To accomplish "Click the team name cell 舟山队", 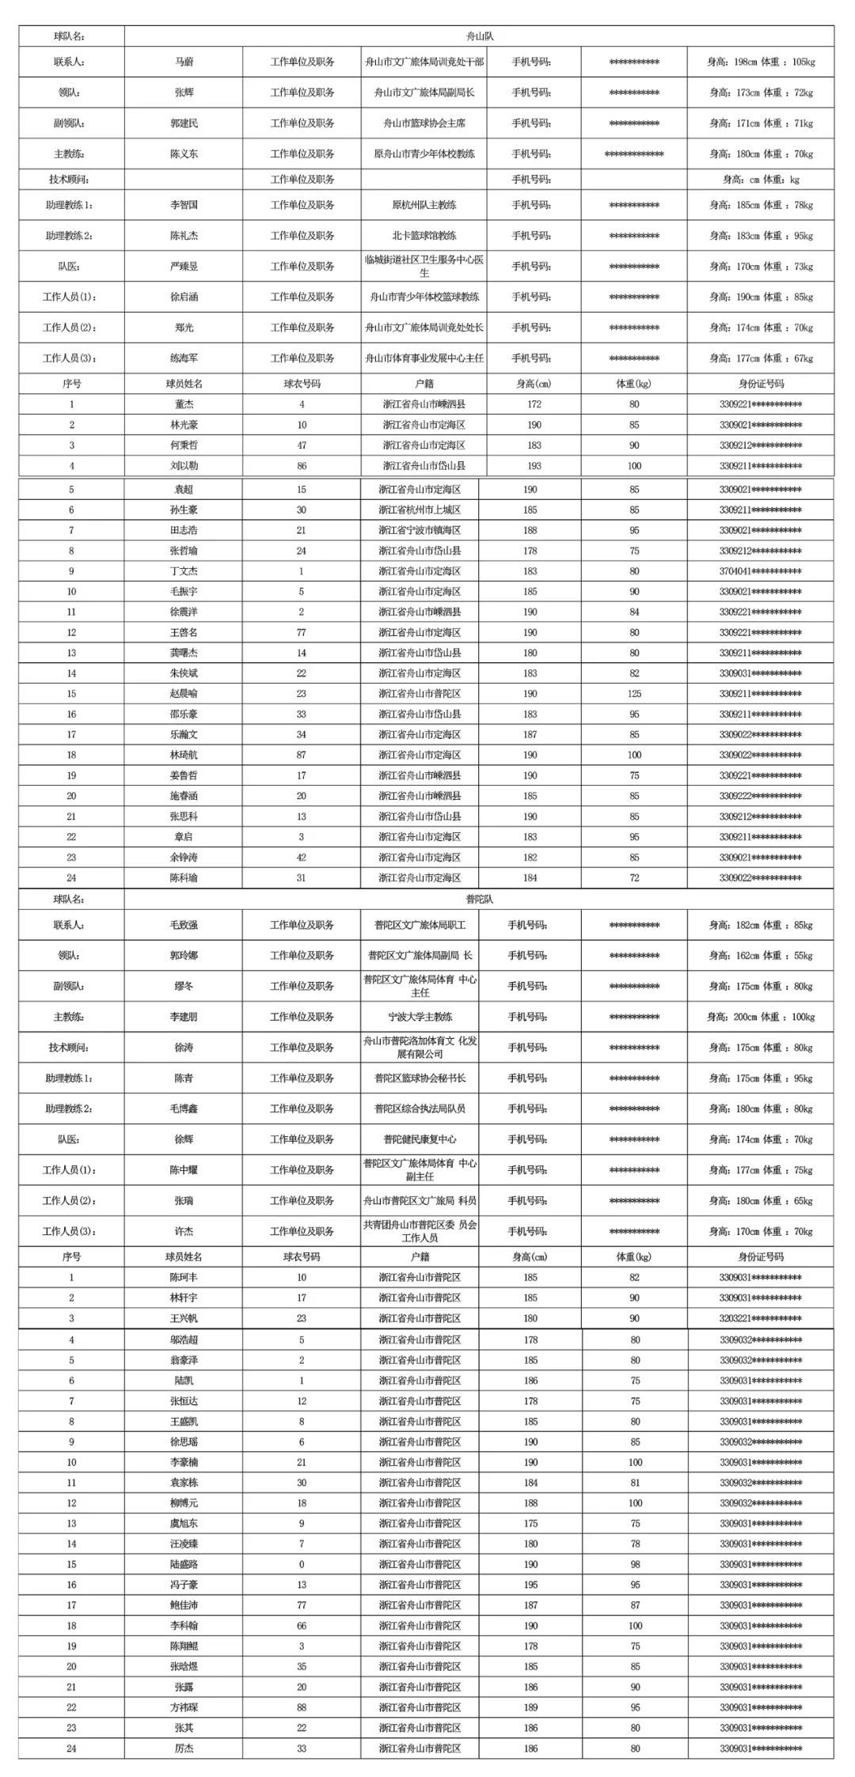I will (480, 36).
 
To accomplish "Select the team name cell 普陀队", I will (479, 899).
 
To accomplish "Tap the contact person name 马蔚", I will (184, 62).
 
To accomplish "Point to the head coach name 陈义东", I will (184, 154).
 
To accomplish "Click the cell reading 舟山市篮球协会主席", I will (424, 123).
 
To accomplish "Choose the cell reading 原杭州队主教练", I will (424, 205).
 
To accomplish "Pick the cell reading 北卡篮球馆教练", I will (424, 236).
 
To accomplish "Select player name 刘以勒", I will (184, 466).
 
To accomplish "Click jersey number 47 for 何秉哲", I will (302, 445).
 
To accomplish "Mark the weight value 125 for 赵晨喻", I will (634, 694).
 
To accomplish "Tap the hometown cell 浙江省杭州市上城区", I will (420, 510).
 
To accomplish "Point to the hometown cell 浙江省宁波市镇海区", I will (420, 531).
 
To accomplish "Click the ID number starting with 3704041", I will (760, 571).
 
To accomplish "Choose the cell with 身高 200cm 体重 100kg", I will (760, 1017).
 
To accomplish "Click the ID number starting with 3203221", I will (760, 1318).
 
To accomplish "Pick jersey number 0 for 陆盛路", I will (302, 1564).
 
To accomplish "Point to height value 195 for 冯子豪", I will (530, 1585).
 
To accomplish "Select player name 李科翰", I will (184, 1626).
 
